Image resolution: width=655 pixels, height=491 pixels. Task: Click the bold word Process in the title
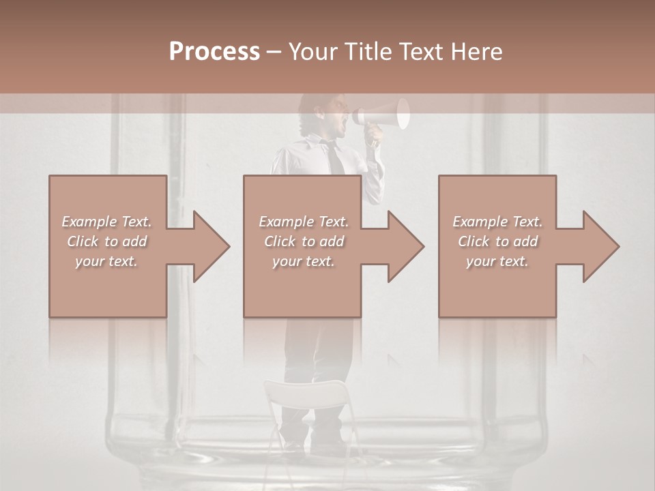tap(214, 51)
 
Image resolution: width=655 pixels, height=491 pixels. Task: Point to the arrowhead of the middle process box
tap(405, 246)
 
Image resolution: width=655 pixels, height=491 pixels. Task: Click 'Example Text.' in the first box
tap(107, 222)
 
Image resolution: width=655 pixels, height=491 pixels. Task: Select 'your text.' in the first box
tap(107, 261)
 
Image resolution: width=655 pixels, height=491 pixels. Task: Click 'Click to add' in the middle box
tap(304, 241)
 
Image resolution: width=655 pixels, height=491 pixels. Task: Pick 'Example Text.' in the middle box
tap(304, 222)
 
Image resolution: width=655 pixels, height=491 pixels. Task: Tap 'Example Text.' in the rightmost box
tap(497, 222)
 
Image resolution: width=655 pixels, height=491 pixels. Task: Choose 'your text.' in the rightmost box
tap(497, 261)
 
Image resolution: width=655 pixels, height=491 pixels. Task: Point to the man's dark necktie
tap(334, 158)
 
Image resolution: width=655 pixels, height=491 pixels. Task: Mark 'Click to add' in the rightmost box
tap(497, 241)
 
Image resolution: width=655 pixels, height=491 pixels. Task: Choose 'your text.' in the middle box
tap(304, 261)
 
